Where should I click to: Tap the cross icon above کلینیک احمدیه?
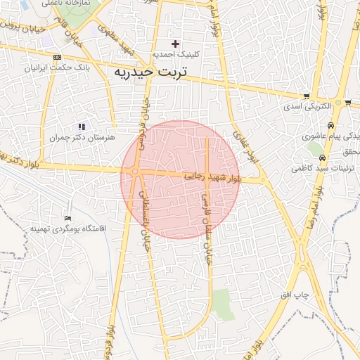coord(175,44)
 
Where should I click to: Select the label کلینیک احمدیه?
coord(176,53)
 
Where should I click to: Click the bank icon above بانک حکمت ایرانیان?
coord(57,58)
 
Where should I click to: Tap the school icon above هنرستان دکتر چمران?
coord(82,127)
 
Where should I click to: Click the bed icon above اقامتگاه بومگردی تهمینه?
coord(67,219)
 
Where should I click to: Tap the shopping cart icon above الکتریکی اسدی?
coord(307,96)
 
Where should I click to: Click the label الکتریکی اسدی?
coord(307,107)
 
